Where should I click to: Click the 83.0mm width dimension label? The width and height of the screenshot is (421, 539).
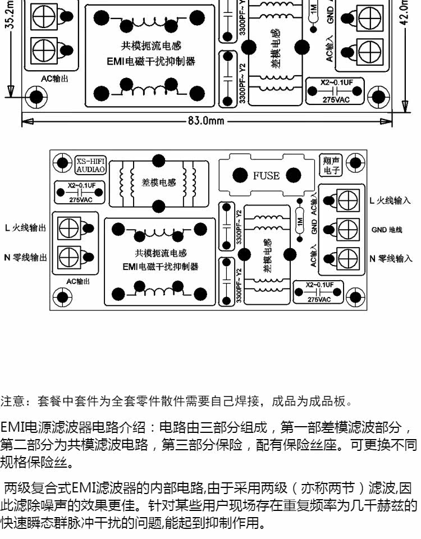point(206,121)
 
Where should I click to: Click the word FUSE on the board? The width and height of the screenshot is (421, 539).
point(266,176)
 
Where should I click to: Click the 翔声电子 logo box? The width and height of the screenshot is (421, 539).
point(328,164)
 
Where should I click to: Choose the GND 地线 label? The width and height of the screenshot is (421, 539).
point(387,229)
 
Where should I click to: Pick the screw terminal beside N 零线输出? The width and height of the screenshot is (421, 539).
point(70,257)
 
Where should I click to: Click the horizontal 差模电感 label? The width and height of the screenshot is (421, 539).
point(159,182)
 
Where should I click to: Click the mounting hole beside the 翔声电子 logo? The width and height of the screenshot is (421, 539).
point(354,163)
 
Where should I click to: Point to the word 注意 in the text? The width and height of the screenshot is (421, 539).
point(12,402)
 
